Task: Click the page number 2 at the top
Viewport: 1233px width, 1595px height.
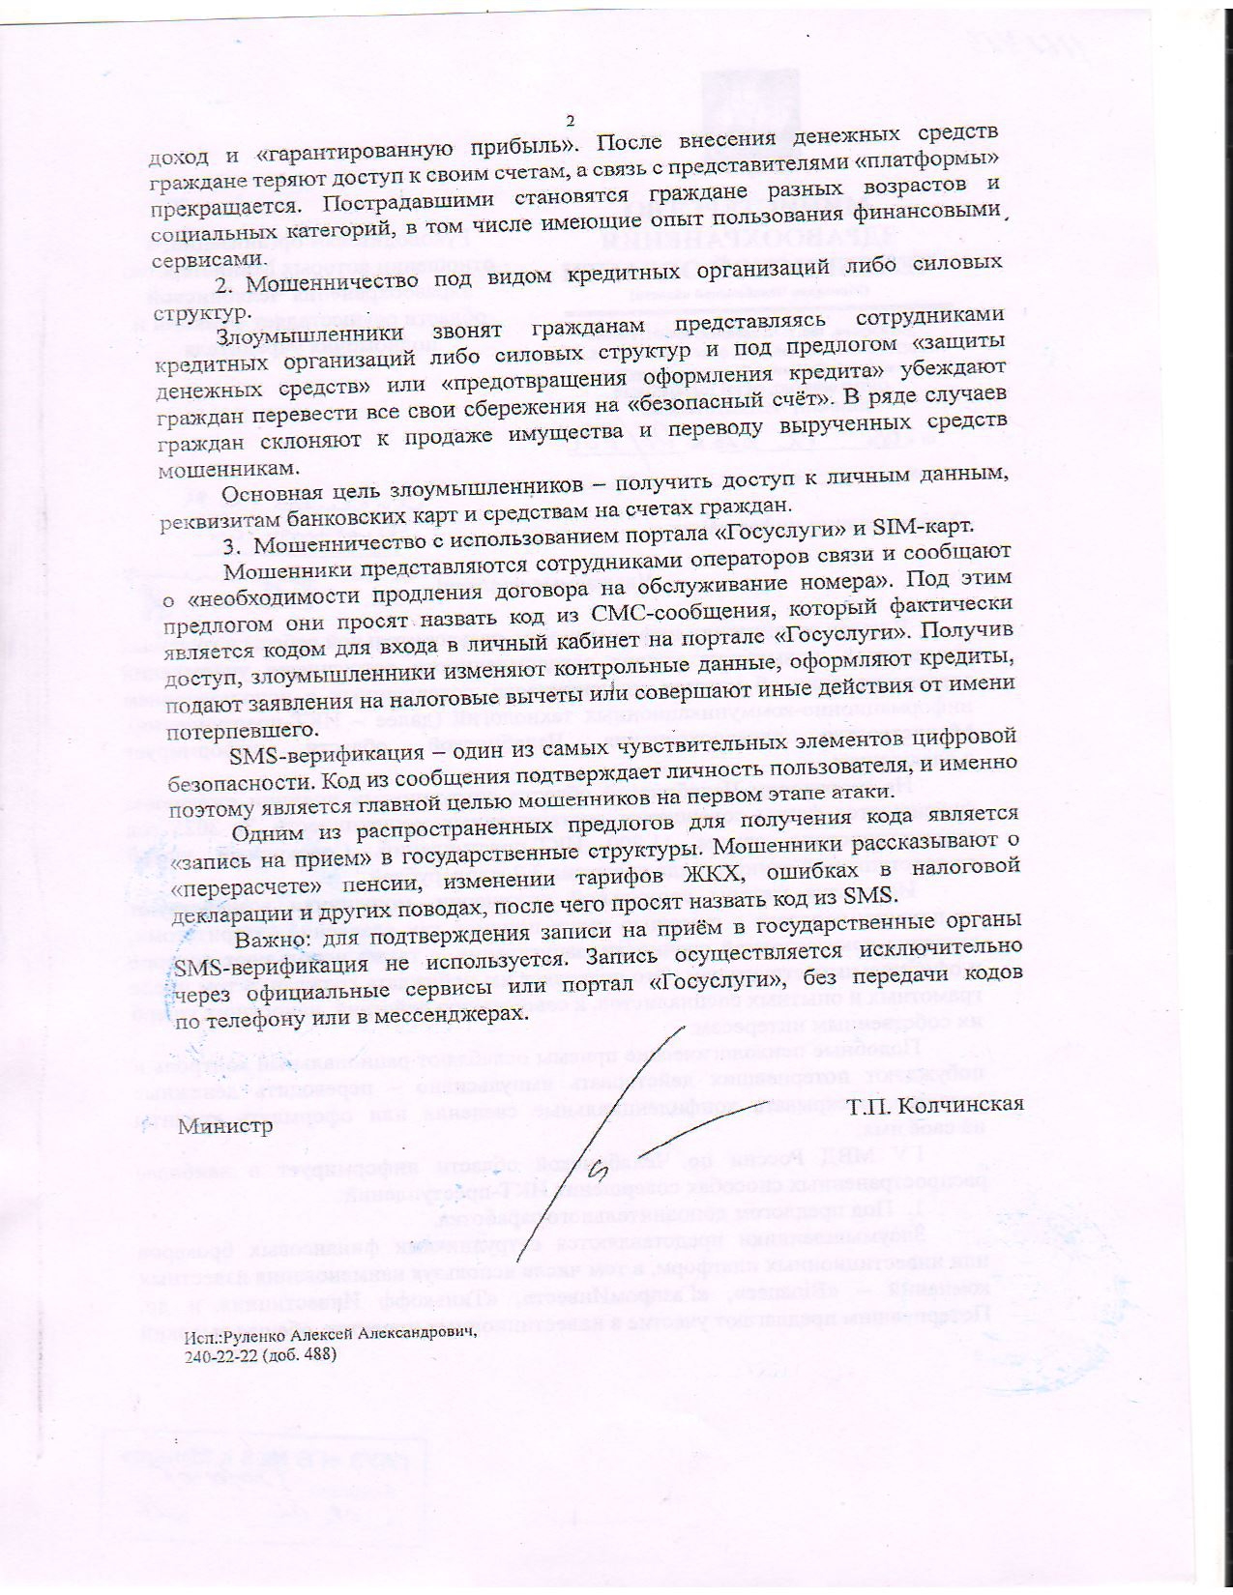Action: [x=570, y=121]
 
